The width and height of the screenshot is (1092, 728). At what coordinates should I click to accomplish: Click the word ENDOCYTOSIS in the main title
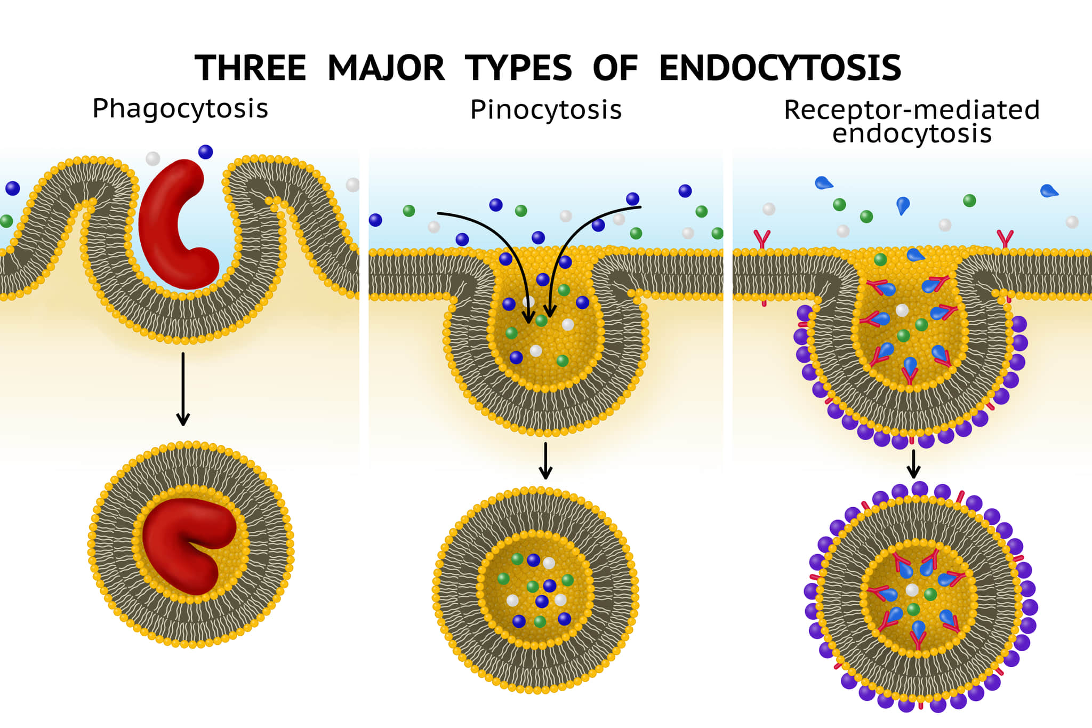tap(780, 68)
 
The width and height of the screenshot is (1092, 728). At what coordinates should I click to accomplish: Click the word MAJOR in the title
tap(386, 68)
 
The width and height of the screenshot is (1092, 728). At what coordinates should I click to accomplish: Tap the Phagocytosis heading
tap(180, 109)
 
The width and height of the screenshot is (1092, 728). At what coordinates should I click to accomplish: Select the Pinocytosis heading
tap(545, 110)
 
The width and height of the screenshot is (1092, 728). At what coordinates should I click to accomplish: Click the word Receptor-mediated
tap(911, 110)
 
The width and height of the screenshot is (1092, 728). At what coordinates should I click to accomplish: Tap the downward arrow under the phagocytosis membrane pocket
tap(183, 389)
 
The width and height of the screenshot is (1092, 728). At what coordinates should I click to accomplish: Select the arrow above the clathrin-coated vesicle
tap(913, 464)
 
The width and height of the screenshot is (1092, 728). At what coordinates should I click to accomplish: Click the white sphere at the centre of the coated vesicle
tap(912, 590)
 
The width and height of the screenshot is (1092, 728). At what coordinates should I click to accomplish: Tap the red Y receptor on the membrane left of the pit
tap(762, 239)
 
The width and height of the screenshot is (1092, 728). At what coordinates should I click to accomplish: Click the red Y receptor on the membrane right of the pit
tap(1005, 239)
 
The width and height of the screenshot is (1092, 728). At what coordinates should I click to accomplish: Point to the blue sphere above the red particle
tap(205, 152)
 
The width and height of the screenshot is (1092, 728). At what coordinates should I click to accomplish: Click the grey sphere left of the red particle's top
tap(152, 158)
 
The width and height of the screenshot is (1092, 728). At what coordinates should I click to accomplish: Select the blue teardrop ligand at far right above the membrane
tap(1048, 191)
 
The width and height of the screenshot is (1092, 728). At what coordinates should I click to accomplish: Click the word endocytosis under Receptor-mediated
tap(911, 134)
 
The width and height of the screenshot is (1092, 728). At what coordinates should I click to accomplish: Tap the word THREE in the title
tap(251, 68)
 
